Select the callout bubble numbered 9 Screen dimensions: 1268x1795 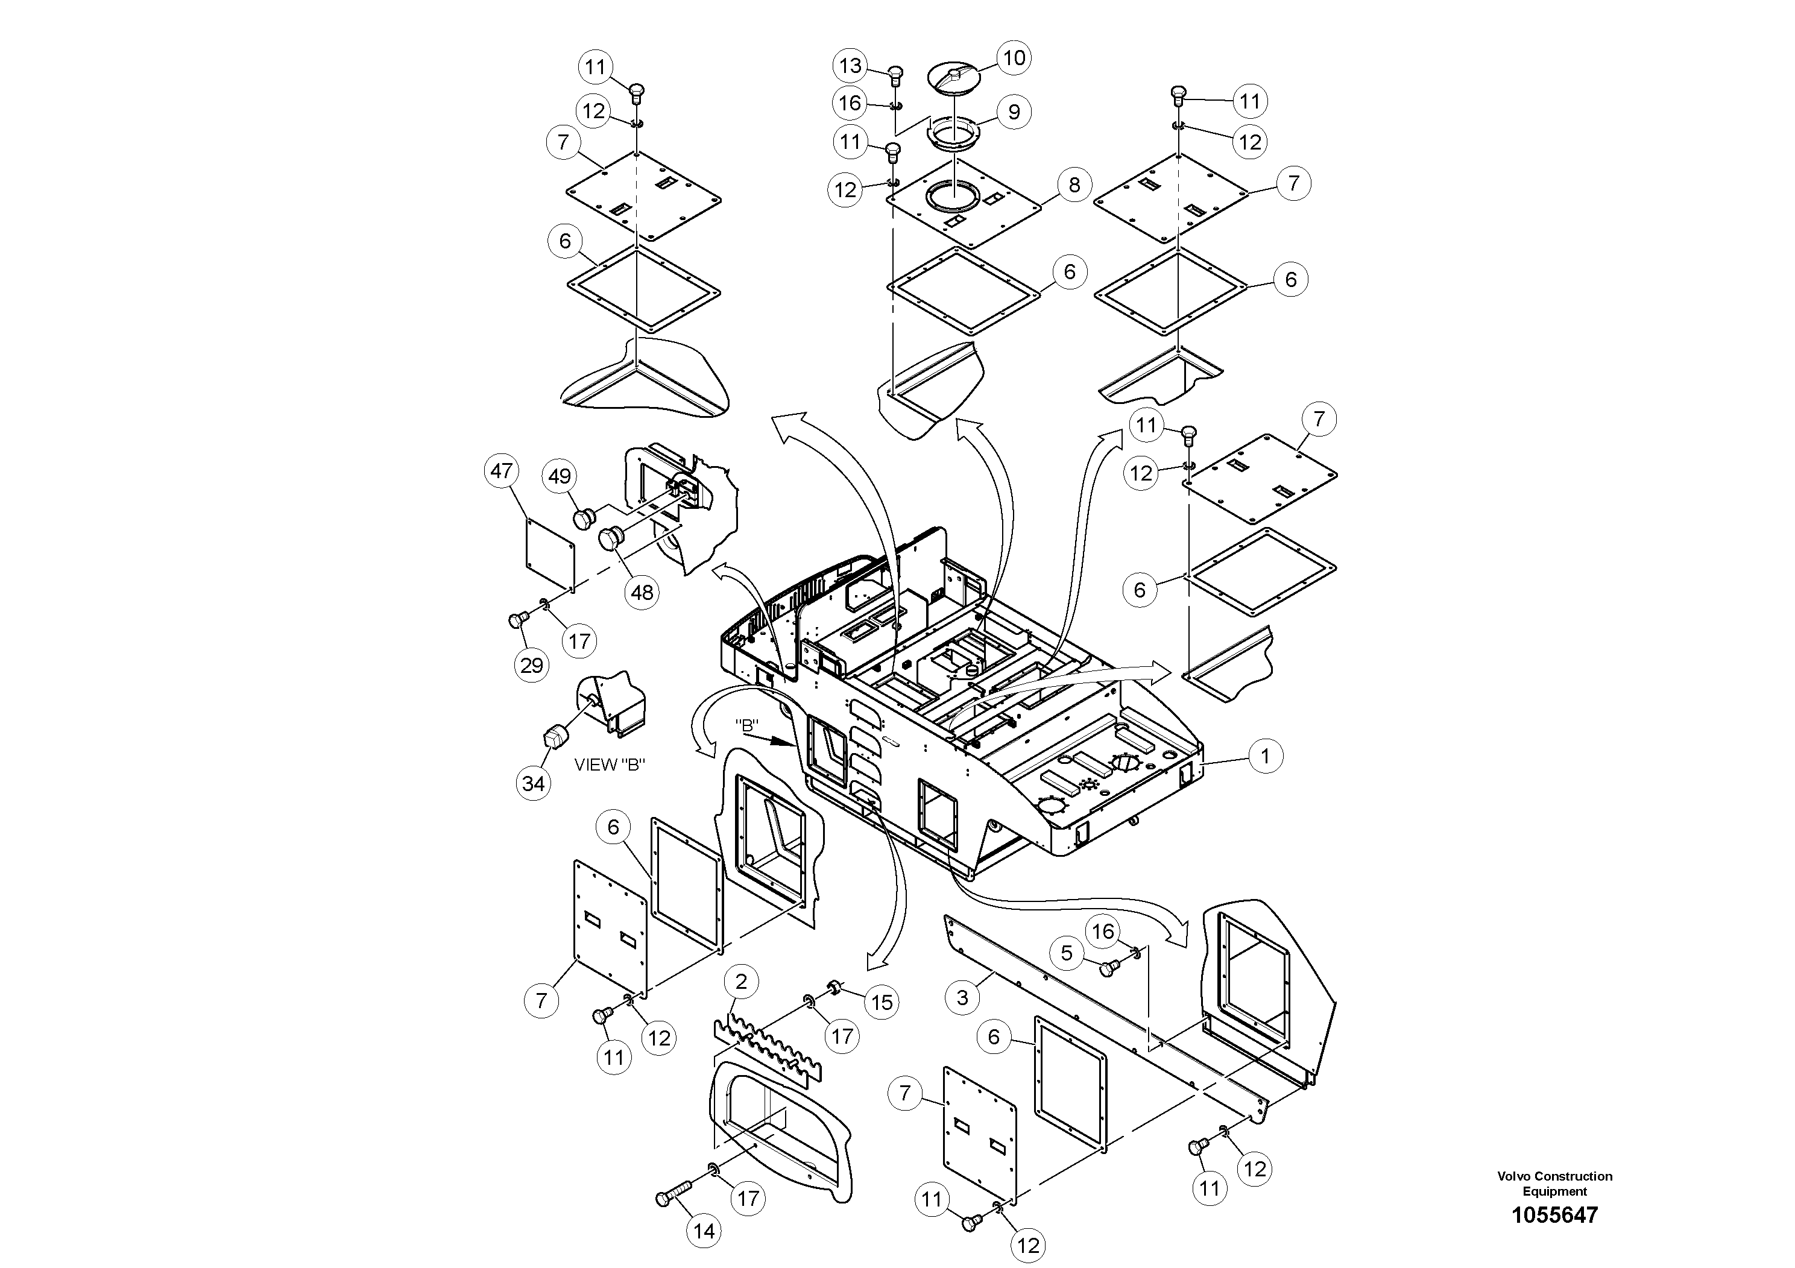tap(1014, 112)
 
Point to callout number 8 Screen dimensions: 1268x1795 tap(1074, 185)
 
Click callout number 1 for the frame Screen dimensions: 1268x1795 tap(1265, 756)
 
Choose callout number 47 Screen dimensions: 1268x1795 tap(501, 471)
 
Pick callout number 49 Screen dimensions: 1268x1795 tap(560, 476)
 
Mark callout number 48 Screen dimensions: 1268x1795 tap(642, 593)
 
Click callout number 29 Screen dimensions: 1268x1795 tap(532, 665)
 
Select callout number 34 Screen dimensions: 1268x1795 tap(533, 783)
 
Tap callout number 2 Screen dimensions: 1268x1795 tap(741, 981)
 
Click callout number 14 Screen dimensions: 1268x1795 tap(704, 1231)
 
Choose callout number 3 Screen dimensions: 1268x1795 tap(962, 997)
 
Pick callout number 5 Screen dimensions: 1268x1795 tap(1067, 952)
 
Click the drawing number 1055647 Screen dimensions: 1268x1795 tap(1554, 1215)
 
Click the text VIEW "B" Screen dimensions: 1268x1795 tap(609, 765)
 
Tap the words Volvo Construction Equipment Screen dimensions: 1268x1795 tap(1554, 1184)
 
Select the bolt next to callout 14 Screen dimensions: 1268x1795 tap(672, 1196)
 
